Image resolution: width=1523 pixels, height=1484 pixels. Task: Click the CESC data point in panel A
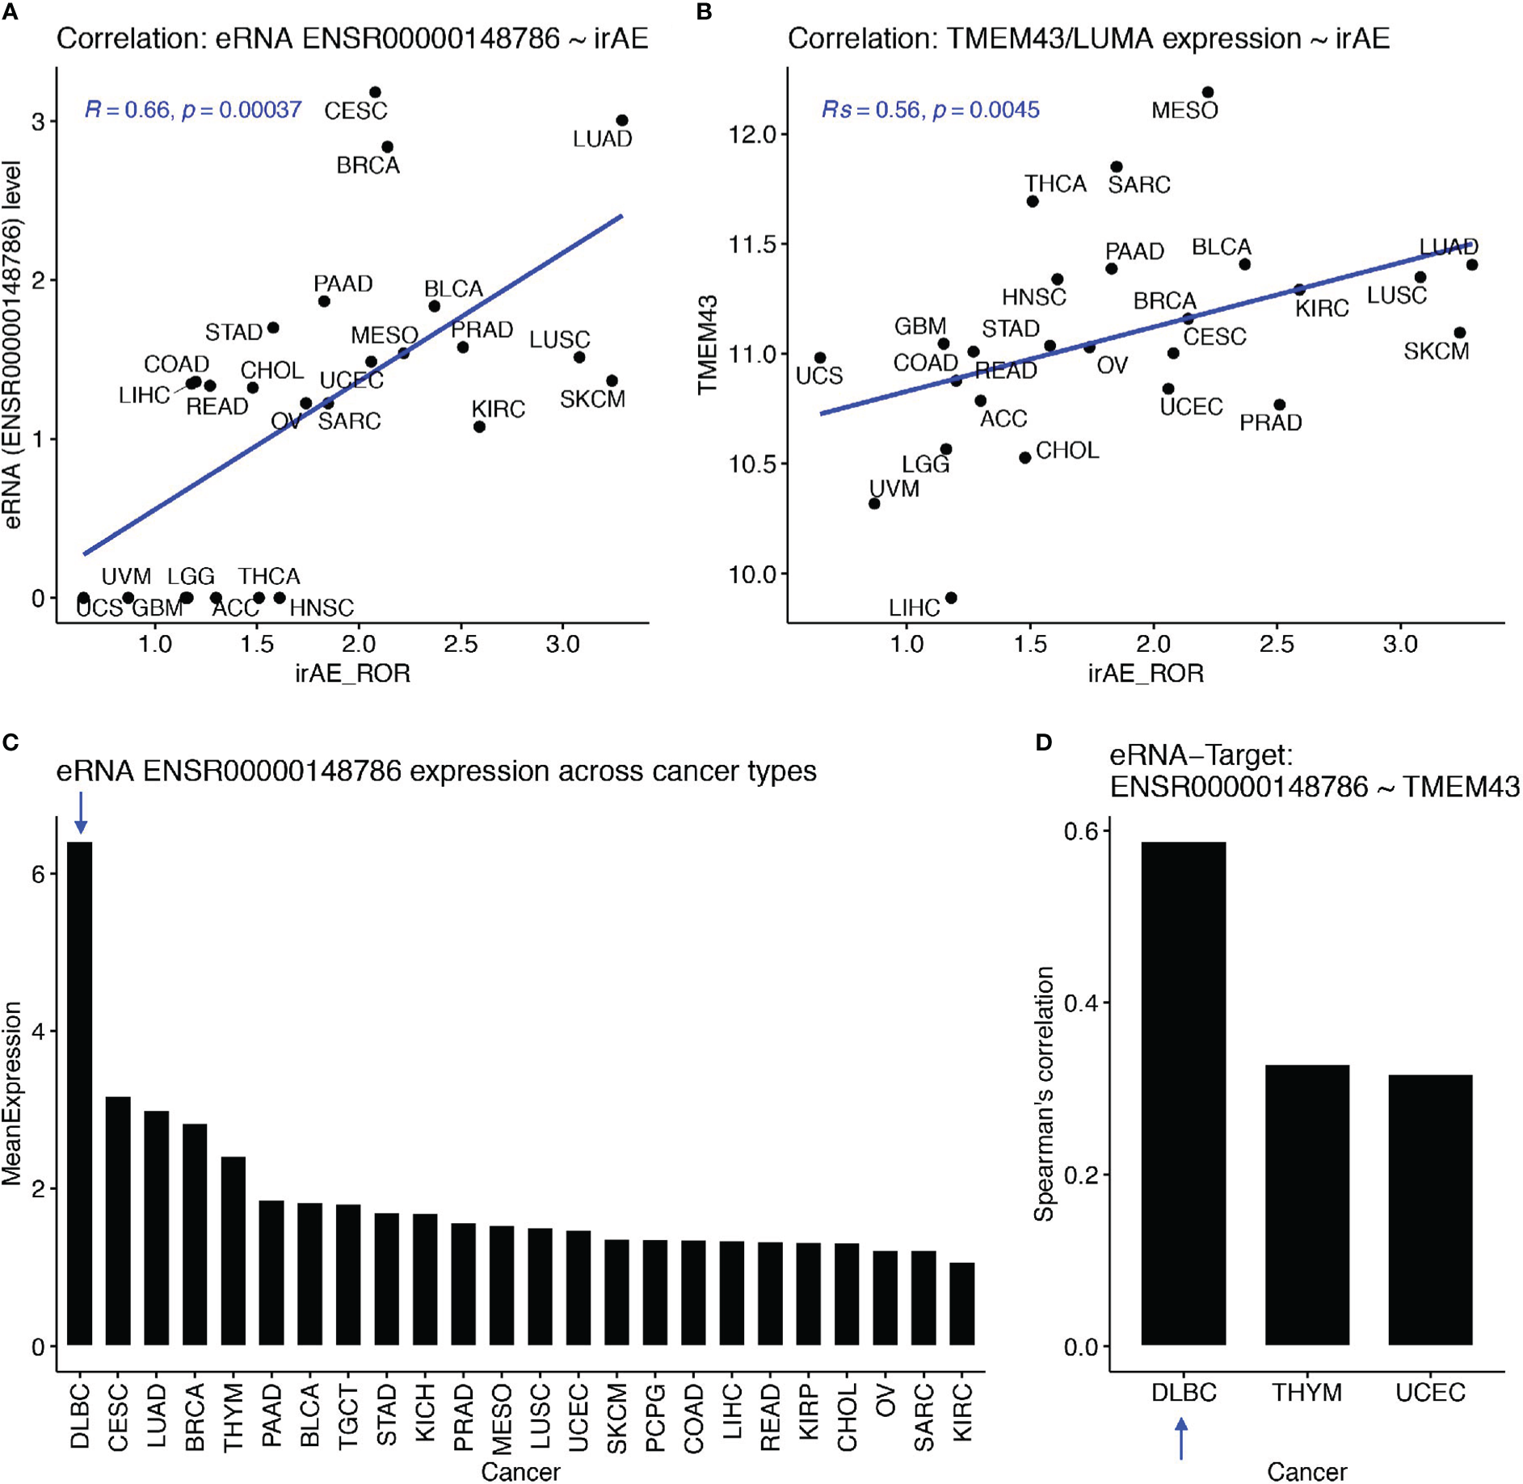point(375,93)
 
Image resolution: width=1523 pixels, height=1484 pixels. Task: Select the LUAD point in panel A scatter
point(622,120)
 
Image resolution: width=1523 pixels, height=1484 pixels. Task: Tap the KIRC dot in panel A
point(479,427)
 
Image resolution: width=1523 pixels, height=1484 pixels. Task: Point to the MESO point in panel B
point(1208,93)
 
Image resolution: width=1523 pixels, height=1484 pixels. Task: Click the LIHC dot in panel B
point(951,598)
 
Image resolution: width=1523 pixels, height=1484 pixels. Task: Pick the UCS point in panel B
point(820,358)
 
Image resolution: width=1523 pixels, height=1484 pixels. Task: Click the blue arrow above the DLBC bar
point(80,813)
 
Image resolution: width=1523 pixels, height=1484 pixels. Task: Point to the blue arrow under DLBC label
point(1181,1439)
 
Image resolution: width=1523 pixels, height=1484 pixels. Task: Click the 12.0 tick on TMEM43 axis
point(751,134)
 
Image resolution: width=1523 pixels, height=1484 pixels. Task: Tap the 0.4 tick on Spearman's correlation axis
point(1080,1003)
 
